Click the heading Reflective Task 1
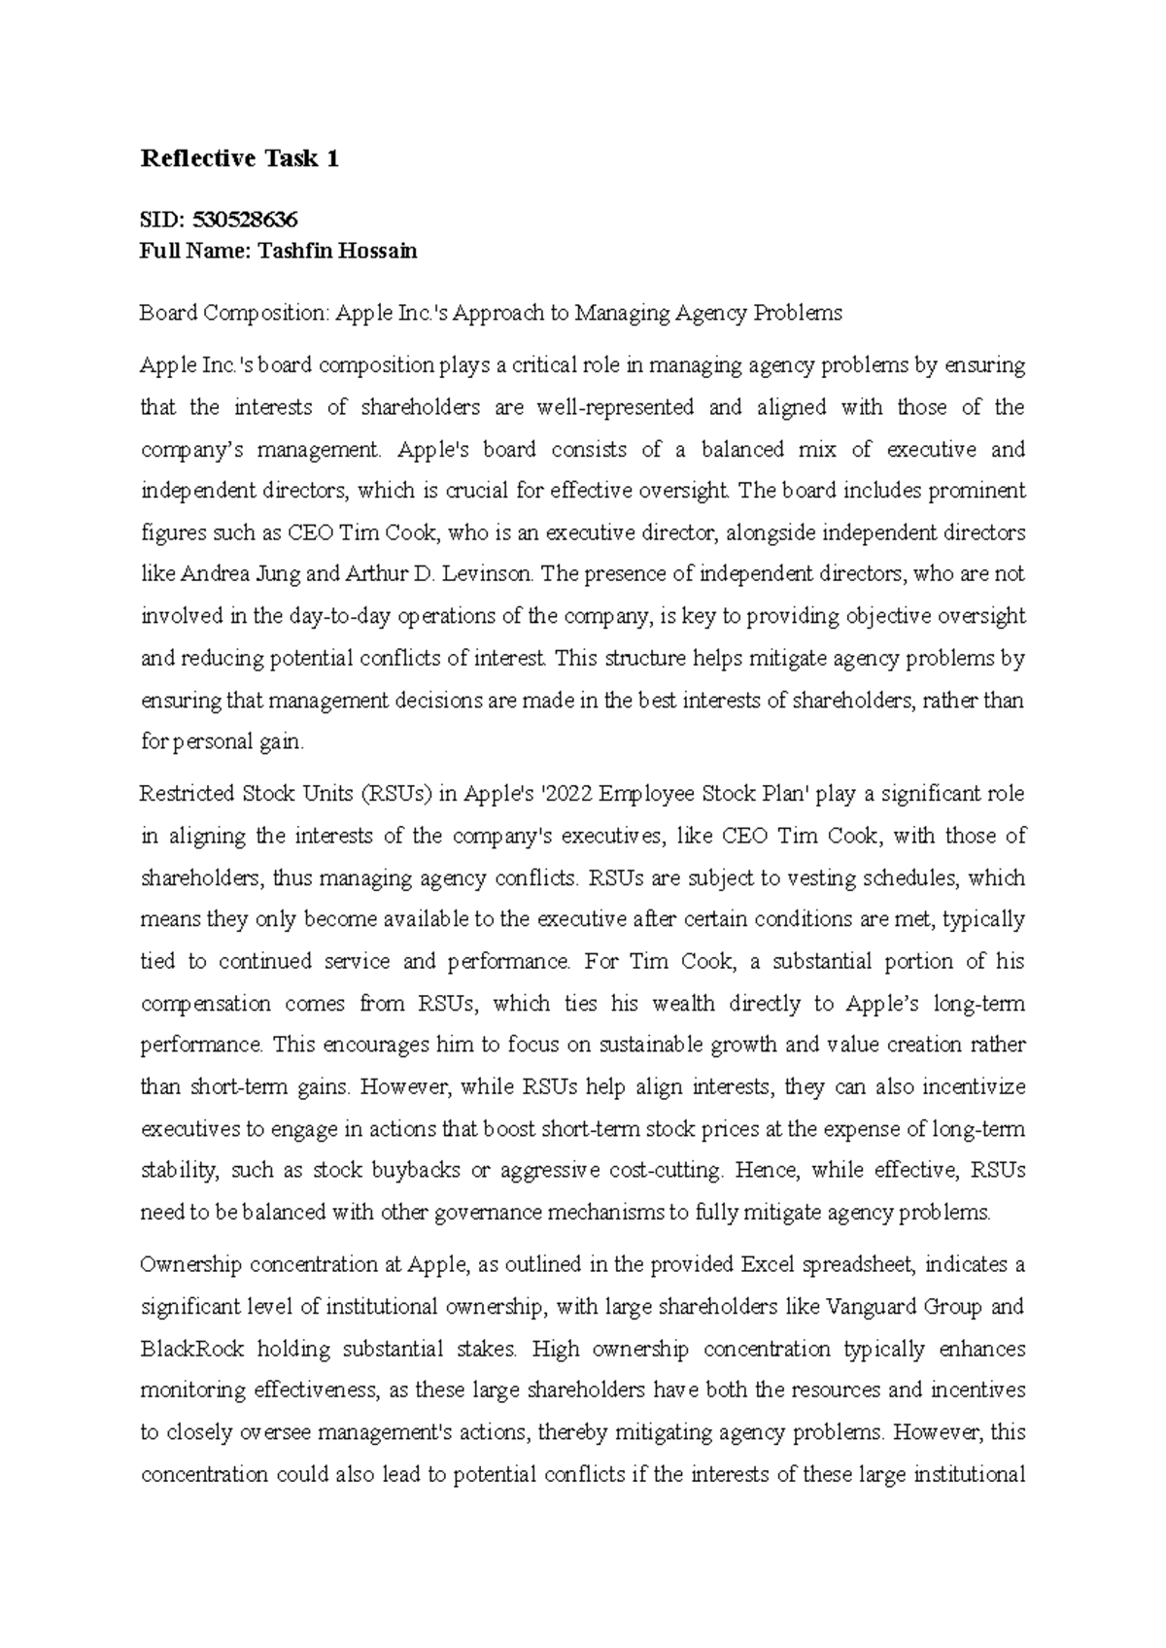pos(240,159)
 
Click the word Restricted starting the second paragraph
pos(187,794)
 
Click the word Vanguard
pos(866,1306)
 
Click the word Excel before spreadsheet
pos(772,1264)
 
